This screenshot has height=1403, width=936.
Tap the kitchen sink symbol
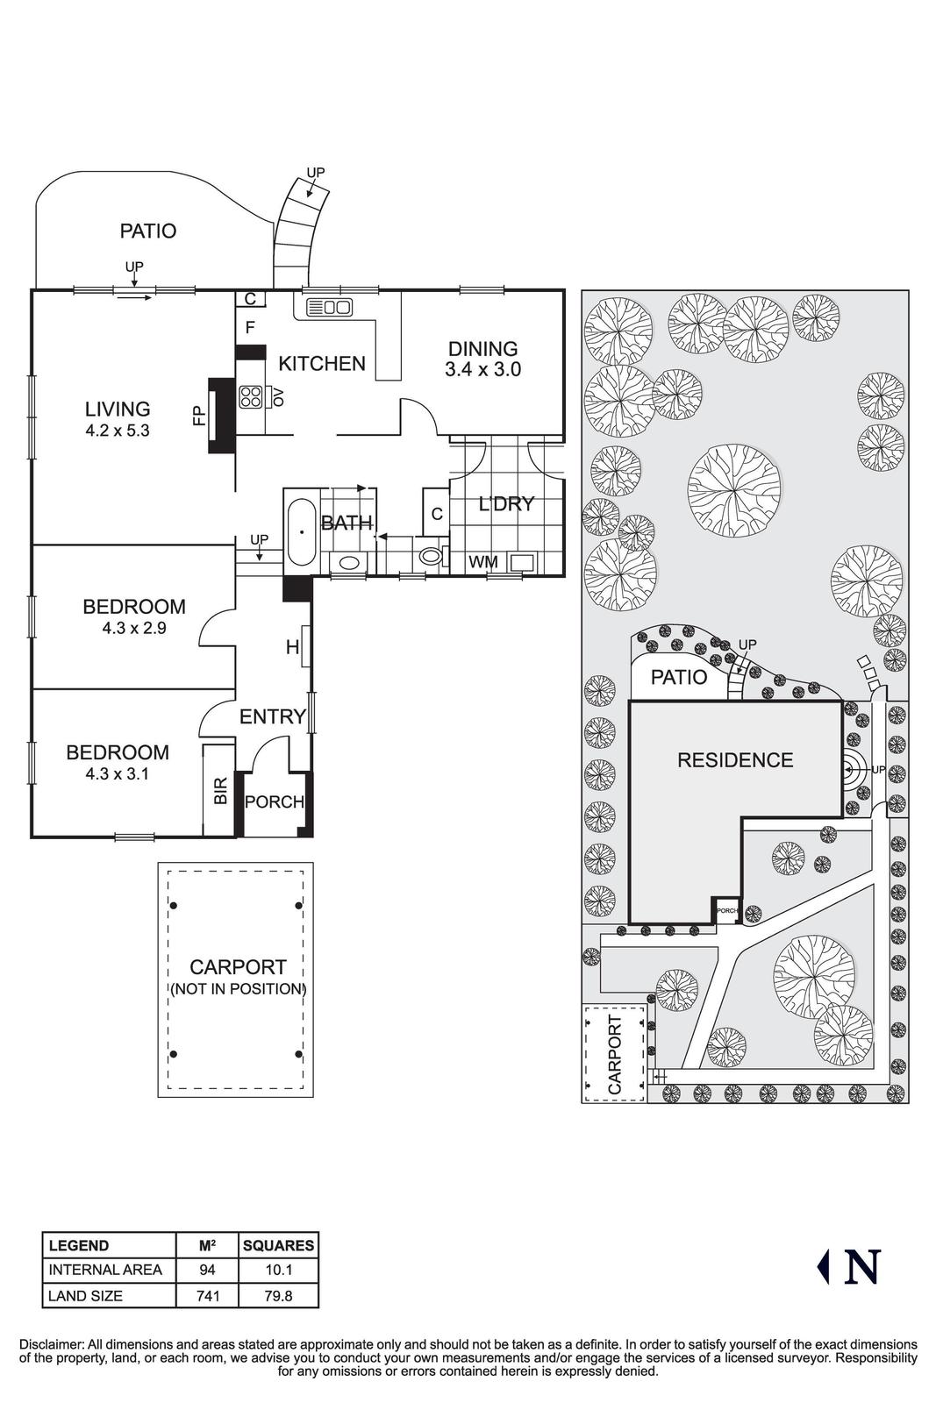329,307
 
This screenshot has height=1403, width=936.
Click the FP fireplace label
198,416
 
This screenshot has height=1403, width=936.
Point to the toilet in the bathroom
430,555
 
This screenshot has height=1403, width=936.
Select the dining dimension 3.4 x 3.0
482,369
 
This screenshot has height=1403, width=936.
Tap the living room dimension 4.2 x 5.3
118,431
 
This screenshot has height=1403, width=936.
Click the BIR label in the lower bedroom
220,790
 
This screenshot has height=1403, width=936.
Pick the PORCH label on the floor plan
274,801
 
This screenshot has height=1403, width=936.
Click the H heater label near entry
292,648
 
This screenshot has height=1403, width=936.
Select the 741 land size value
208,1295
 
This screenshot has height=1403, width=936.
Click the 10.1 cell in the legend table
278,1270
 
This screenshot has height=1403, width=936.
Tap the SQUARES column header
278,1245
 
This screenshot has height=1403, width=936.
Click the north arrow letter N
861,1266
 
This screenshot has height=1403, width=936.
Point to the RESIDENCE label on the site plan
735,760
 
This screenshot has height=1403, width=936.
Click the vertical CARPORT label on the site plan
615,1055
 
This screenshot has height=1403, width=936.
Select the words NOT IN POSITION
238,989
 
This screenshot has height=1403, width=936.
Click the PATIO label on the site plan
679,677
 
